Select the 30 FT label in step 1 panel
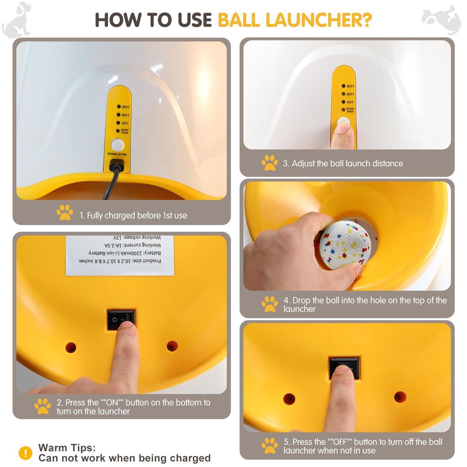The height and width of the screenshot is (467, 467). coord(125,107)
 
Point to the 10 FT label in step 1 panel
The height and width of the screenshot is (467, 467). coord(125,123)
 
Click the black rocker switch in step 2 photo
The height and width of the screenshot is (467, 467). coord(121,320)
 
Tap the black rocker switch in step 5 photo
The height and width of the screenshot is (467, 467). coord(344,368)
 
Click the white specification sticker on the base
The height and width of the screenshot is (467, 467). coord(120,255)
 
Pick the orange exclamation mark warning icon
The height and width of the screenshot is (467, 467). coord(26,453)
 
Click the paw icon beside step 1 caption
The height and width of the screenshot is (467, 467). coord(64,213)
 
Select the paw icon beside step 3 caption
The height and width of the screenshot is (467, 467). coord(270,163)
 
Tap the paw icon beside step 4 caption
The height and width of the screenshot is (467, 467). coord(270,304)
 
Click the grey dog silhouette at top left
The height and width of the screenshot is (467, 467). coord(17,20)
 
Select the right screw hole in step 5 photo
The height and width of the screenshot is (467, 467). coord(400,397)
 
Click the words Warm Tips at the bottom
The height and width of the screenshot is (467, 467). coord(67,448)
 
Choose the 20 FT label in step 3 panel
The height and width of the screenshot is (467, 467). coord(350,94)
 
